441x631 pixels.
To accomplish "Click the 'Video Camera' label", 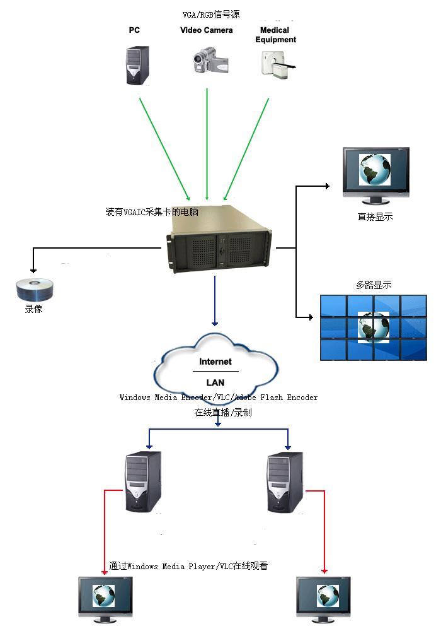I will (x=207, y=30).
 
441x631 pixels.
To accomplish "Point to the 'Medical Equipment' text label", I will (x=275, y=35).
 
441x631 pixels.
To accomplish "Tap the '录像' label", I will (x=33, y=310).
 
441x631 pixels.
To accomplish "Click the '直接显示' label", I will (x=375, y=216).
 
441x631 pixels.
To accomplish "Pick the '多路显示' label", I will (x=374, y=285).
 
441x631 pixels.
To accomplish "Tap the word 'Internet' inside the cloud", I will (x=215, y=362).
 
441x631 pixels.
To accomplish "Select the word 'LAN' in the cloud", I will (x=215, y=382).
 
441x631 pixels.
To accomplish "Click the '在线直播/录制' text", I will (x=223, y=413).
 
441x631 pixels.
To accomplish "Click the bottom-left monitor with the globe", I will (x=105, y=598).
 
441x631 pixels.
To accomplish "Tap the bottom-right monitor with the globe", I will (x=323, y=598).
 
